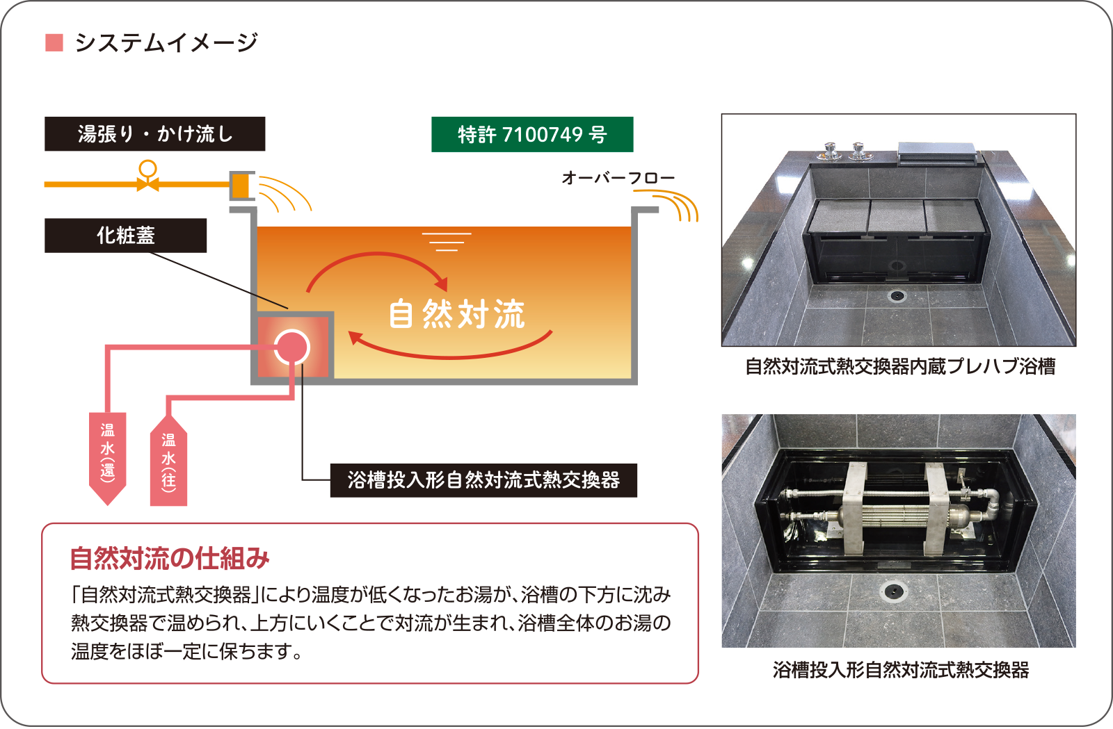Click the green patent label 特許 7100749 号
532,134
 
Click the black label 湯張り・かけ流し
154,133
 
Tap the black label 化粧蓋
125,236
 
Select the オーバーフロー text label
618,178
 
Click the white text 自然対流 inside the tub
456,314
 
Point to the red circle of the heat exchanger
291,347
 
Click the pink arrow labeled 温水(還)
108,455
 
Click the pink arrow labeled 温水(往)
168,462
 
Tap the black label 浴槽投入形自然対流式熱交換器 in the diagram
483,480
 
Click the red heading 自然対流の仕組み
169,558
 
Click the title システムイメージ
166,43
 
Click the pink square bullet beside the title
54,43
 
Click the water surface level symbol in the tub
447,241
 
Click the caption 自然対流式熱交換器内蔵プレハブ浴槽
899,366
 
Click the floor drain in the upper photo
897,296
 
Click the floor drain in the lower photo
893,591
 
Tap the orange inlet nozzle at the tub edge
241,186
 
